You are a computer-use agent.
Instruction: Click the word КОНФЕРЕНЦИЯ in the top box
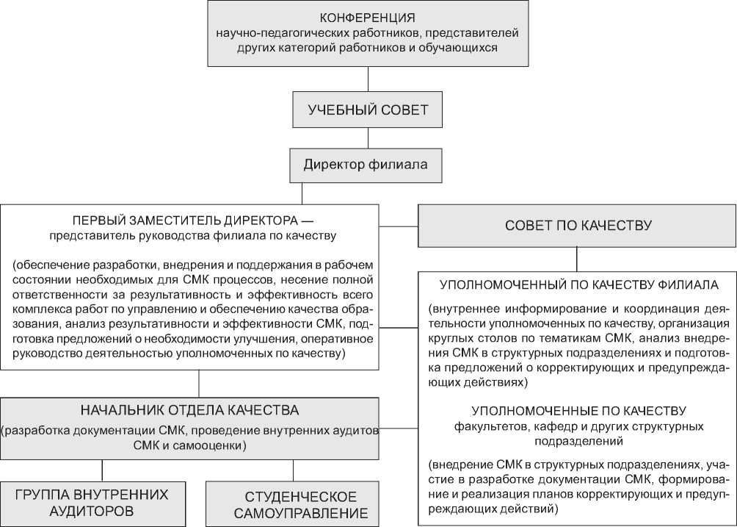click(368, 18)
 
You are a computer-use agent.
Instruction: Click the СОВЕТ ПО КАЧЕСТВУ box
click(578, 225)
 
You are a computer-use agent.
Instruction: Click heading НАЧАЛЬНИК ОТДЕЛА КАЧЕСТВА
click(189, 409)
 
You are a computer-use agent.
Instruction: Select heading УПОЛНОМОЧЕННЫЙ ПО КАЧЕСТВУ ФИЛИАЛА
click(578, 284)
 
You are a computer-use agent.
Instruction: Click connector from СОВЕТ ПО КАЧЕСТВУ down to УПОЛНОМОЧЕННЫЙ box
click(577, 258)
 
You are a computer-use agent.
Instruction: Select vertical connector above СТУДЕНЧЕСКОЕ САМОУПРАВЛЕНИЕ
click(294, 470)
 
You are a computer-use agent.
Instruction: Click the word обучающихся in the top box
click(462, 49)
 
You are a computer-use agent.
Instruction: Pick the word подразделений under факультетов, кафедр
click(578, 442)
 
